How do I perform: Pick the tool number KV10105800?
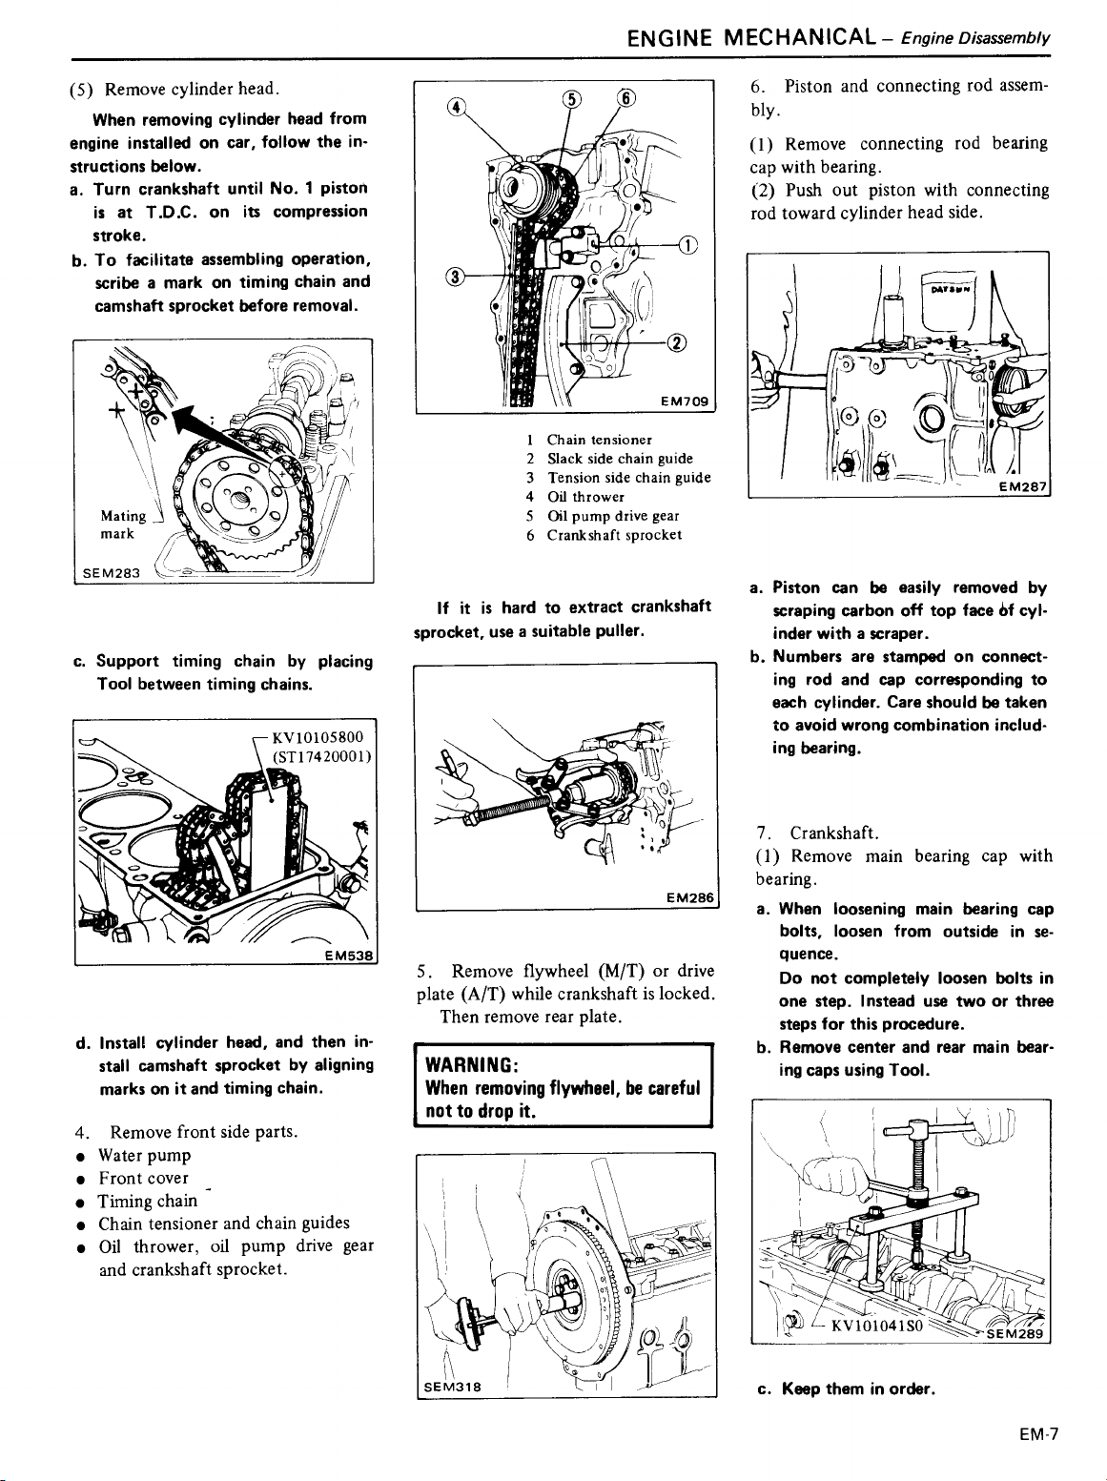tap(318, 737)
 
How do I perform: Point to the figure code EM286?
tap(690, 897)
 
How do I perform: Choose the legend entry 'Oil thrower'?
tap(584, 497)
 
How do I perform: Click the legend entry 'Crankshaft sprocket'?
tap(613, 535)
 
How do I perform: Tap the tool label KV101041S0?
tap(874, 1326)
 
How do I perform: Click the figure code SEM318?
tap(451, 1387)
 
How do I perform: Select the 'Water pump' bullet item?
tap(144, 1155)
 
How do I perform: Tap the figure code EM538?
tap(351, 955)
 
